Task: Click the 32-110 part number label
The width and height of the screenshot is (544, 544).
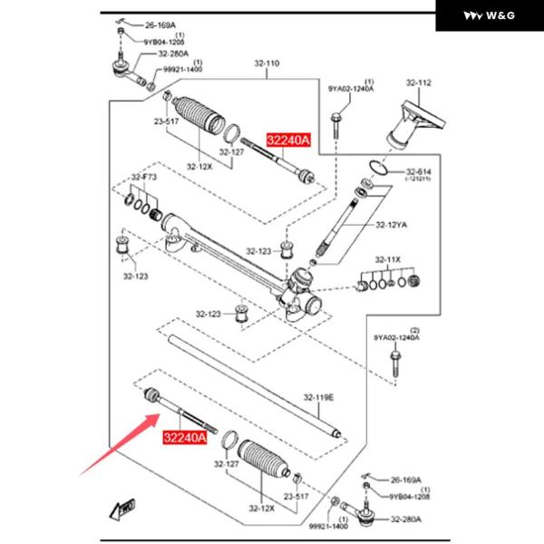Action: click(267, 63)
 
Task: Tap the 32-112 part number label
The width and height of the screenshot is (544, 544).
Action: click(419, 83)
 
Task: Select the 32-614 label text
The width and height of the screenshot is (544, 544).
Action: click(418, 171)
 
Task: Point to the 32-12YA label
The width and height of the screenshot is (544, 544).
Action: click(391, 223)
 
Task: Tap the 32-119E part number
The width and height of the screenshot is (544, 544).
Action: click(318, 397)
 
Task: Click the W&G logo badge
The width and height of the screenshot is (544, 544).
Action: click(489, 15)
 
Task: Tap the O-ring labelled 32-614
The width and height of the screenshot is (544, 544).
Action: click(380, 168)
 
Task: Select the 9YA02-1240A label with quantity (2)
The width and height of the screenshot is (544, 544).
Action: click(397, 337)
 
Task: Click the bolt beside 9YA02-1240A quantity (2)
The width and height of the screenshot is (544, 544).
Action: click(395, 362)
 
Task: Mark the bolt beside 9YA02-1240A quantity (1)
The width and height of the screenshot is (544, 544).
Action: click(335, 122)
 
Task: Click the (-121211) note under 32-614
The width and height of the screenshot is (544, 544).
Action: click(418, 180)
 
